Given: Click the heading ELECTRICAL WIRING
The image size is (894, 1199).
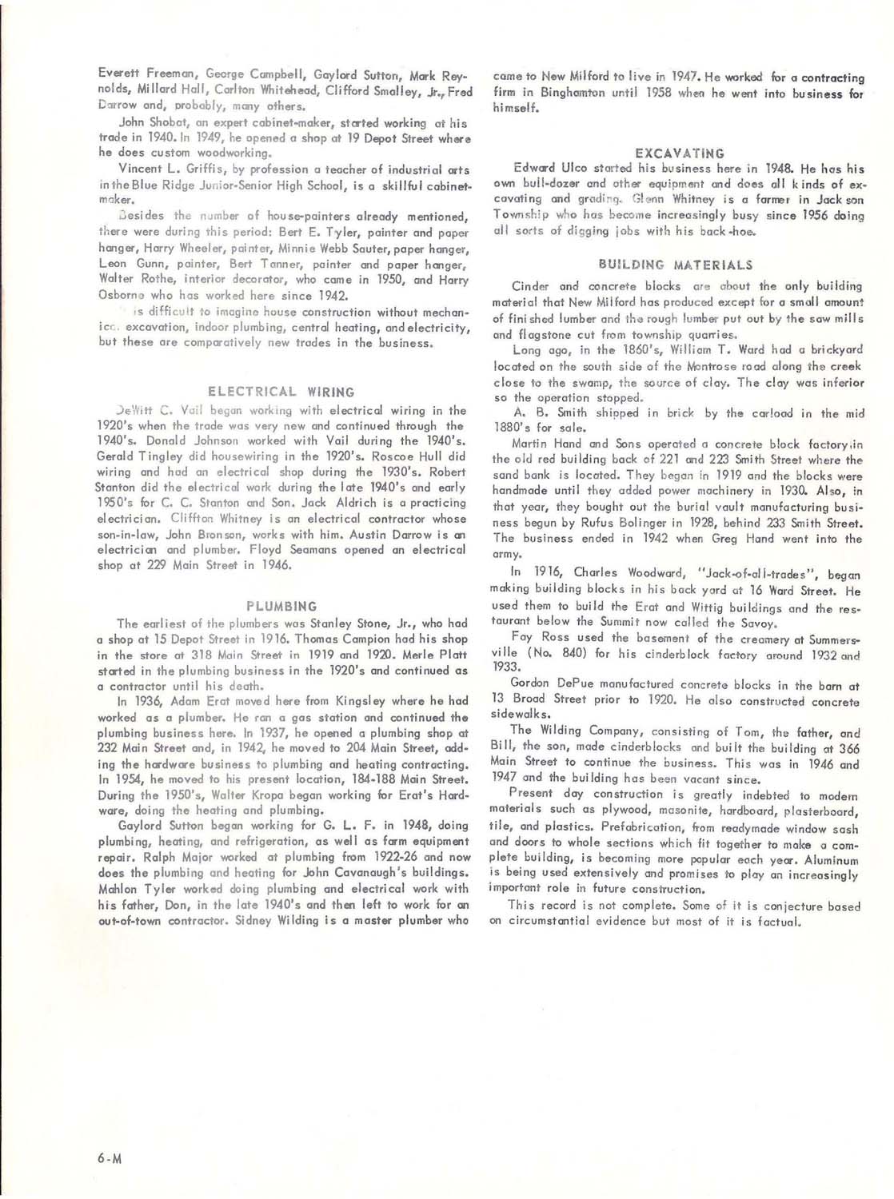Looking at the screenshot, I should (x=281, y=392).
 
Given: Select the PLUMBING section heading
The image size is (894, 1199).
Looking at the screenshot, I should (x=281, y=607).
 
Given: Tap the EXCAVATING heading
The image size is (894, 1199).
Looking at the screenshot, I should (x=680, y=153).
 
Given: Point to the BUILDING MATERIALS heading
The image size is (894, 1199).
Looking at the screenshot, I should (x=675, y=265).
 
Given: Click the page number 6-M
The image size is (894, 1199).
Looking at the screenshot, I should (x=110, y=1158).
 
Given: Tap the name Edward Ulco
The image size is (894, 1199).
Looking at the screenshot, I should (x=550, y=168).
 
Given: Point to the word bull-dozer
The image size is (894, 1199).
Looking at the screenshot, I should (x=550, y=183).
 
